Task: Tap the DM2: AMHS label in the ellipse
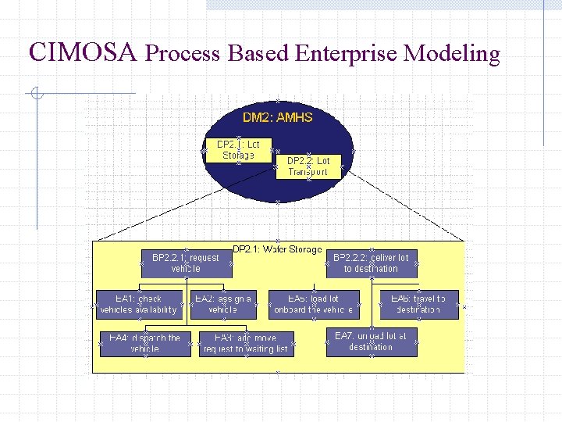pyautogui.click(x=277, y=117)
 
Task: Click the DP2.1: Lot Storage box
pyautogui.click(x=238, y=150)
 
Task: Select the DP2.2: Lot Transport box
pyautogui.click(x=308, y=166)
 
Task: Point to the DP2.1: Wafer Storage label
pyautogui.click(x=277, y=249)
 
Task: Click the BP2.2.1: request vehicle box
pyautogui.click(x=186, y=263)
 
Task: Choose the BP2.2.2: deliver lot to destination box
pyautogui.click(x=371, y=263)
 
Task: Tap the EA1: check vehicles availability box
pyautogui.click(x=139, y=305)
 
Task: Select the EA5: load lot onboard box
pyautogui.click(x=314, y=305)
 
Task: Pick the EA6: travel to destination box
pyautogui.click(x=418, y=305)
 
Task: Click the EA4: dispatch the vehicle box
pyautogui.click(x=145, y=344)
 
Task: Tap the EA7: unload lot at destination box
pyautogui.click(x=371, y=342)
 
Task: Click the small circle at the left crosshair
pyautogui.click(x=36, y=95)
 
